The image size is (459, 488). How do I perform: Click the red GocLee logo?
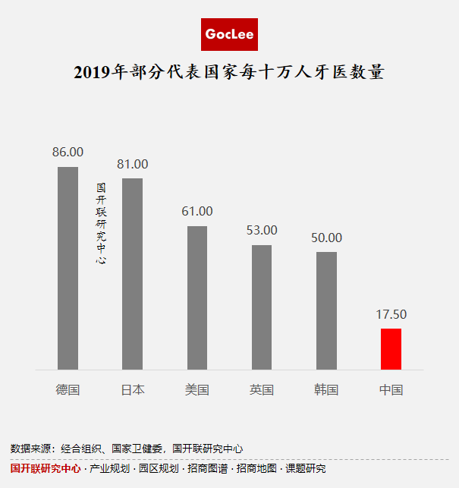click(229, 34)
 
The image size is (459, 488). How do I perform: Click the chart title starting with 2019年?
click(229, 73)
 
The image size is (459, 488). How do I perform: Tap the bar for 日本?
click(132, 274)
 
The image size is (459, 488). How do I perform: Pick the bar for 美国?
click(197, 298)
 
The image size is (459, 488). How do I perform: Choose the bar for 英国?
click(262, 307)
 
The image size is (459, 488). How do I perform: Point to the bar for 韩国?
click(326, 310)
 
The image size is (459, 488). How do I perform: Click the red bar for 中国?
click(391, 349)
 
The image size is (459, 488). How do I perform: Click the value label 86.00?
click(68, 152)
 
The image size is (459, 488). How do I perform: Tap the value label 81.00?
click(132, 164)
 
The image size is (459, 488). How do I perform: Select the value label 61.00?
click(197, 211)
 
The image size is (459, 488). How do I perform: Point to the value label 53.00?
click(262, 230)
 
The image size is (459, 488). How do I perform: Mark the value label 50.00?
click(326, 238)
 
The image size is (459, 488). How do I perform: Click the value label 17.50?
click(391, 314)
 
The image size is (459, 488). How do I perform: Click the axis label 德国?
click(68, 390)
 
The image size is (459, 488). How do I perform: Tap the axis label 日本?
click(132, 390)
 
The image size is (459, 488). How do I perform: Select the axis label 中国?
click(391, 390)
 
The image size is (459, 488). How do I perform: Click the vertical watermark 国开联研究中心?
click(101, 223)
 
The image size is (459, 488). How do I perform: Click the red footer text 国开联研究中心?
click(46, 469)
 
